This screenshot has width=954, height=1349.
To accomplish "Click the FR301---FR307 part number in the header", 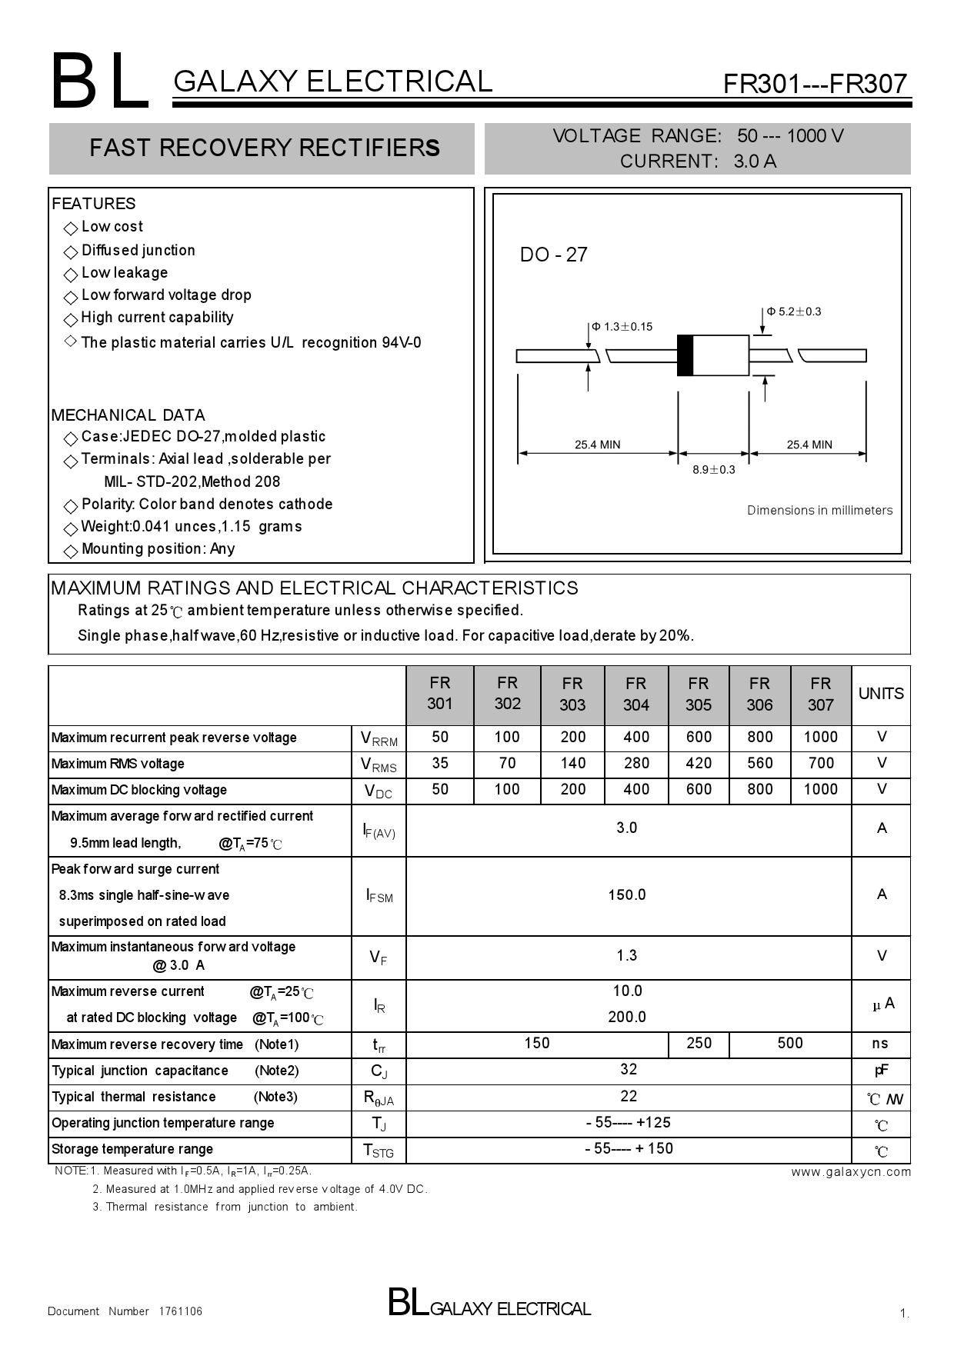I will pos(815,83).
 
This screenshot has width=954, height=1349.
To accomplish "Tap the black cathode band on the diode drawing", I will pos(685,355).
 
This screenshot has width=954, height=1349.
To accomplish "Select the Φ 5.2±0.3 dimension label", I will pos(794,311).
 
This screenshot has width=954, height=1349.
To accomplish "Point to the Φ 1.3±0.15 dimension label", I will pos(622,327).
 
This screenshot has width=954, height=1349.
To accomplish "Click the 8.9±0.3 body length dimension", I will pos(713,470).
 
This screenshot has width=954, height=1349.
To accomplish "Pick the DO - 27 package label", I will pos(553,255).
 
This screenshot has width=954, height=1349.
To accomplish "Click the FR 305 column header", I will pos(698,694).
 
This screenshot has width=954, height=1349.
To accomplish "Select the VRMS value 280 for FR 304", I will pos(635,763).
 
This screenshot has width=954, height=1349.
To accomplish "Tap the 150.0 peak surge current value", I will pos(627,894).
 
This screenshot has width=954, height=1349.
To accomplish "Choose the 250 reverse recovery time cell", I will pos(699,1044).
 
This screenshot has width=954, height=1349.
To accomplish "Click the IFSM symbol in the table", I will pos(379,896).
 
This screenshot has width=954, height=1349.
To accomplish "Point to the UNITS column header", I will pos(881,694).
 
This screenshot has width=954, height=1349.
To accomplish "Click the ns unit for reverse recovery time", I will pos(880,1044).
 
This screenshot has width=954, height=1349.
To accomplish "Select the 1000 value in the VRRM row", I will pos(820,737).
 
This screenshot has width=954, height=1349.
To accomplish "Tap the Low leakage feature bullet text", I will pos(124,272).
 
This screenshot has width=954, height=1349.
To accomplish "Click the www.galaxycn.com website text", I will pos(851,1172).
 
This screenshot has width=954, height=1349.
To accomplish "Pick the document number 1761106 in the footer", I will pos(181,1311).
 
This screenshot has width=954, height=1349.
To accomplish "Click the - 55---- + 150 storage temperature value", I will pos(629,1148).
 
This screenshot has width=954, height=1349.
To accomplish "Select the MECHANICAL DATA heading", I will pos(128,415).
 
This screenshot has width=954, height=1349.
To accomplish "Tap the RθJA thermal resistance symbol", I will pos(379,1098).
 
